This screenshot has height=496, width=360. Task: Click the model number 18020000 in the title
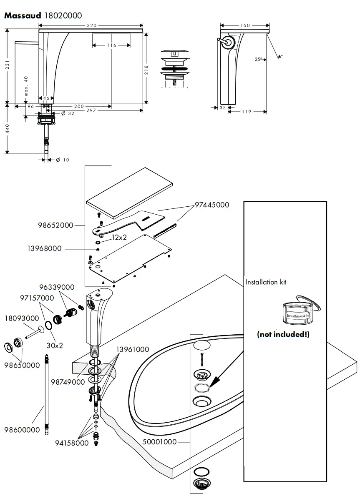pos(63,16)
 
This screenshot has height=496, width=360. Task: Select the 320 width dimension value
pos(91,25)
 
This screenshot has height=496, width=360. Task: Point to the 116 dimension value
pos(111,45)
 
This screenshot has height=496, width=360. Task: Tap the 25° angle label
pos(259,60)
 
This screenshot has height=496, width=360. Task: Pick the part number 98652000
pos(55,225)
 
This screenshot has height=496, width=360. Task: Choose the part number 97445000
pos(212,205)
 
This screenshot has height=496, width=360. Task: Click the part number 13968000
pos(44,249)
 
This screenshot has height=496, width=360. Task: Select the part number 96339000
pos(57,287)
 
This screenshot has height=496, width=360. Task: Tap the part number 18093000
pos(22,318)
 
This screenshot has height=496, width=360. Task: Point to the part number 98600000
pos(22,430)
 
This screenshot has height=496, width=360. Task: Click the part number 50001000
pos(159,442)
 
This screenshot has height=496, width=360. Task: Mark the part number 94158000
pos(72,443)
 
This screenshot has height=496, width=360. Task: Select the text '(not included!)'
pos(283,334)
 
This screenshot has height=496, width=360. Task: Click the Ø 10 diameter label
pos(62,160)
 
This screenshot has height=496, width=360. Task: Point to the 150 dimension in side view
pos(245,25)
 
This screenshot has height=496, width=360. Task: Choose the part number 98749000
pos(68,382)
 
